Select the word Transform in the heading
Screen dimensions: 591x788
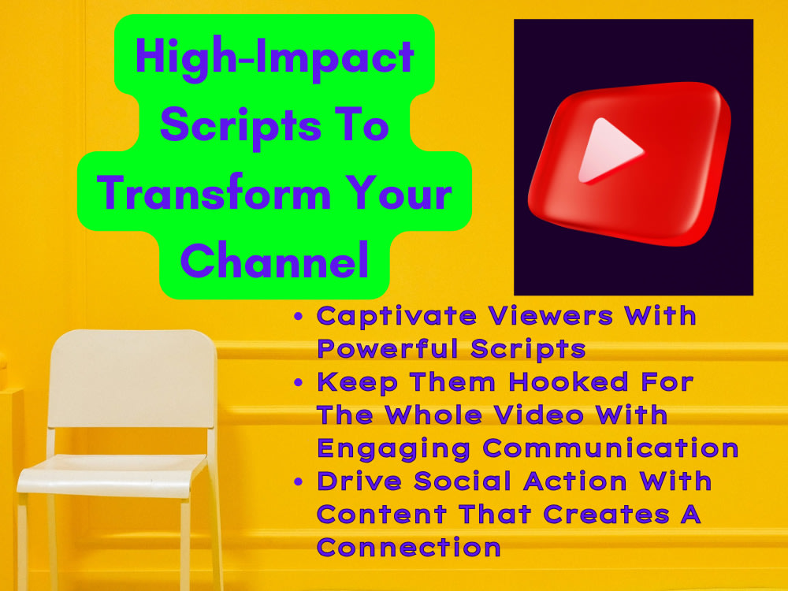coord(214,192)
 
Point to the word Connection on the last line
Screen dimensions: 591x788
coord(408,546)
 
